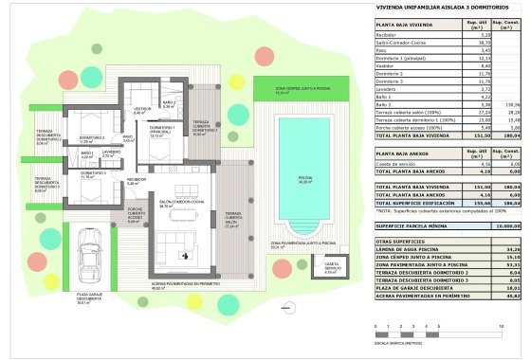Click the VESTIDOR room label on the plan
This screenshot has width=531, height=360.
click(139, 110)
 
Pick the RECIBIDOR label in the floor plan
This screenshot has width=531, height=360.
click(137, 179)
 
